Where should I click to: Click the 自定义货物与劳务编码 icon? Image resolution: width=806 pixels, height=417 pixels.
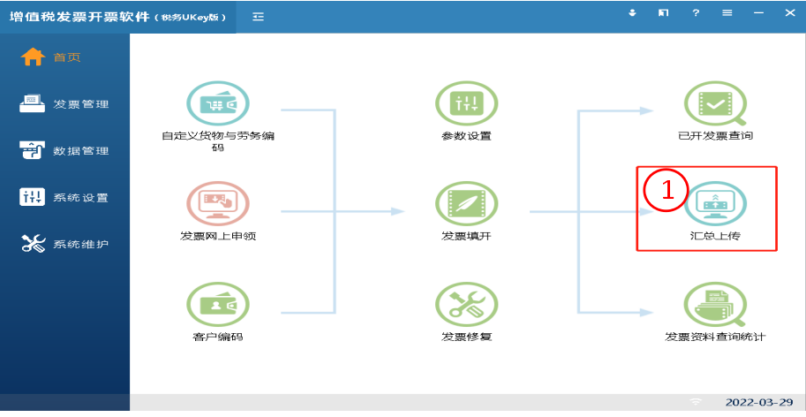(x=218, y=103)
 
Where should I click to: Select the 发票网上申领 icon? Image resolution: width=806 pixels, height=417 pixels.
(x=218, y=203)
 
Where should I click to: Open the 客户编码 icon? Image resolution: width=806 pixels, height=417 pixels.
(x=218, y=304)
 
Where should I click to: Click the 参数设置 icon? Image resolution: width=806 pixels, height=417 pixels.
(x=466, y=103)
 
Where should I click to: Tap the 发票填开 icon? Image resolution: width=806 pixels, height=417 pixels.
(x=466, y=203)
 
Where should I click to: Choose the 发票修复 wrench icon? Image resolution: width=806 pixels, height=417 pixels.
(x=466, y=304)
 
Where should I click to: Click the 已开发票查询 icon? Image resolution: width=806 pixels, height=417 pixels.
(x=715, y=103)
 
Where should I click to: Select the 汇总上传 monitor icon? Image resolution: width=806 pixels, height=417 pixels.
(x=715, y=203)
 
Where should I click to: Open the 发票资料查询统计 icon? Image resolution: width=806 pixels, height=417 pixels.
(x=715, y=304)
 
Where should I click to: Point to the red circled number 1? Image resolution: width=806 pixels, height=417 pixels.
(x=667, y=190)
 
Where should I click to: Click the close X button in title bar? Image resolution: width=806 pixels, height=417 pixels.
(x=790, y=13)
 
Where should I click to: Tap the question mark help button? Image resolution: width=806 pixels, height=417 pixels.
(x=696, y=13)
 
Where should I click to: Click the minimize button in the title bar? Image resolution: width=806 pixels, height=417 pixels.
(x=758, y=13)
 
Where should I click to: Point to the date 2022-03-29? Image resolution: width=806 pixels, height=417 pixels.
(x=759, y=402)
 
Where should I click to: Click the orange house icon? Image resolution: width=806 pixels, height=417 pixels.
(x=33, y=57)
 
